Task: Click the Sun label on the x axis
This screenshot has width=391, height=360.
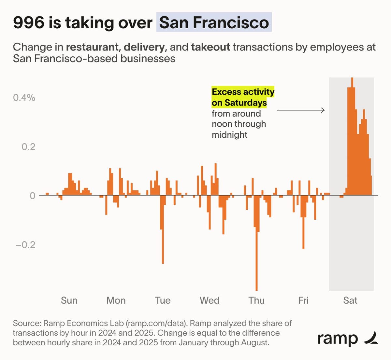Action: (x=69, y=300)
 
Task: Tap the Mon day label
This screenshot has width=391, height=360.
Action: (x=116, y=300)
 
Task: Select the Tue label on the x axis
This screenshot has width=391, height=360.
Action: (x=163, y=300)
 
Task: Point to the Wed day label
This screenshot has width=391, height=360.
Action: (x=210, y=300)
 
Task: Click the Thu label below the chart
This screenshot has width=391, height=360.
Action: (x=256, y=300)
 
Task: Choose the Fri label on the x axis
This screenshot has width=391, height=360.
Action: (x=303, y=300)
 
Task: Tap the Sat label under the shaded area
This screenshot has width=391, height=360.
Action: (x=350, y=300)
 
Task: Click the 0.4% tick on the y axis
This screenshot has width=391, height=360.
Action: (x=24, y=98)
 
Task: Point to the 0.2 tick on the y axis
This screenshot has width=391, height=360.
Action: (x=28, y=147)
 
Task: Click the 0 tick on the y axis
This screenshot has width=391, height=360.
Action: (x=32, y=196)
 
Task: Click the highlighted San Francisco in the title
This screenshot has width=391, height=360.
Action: (x=214, y=22)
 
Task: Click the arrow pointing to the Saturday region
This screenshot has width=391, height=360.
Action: (x=300, y=110)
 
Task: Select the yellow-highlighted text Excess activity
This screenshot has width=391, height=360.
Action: (x=243, y=92)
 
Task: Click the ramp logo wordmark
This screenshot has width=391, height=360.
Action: (x=337, y=339)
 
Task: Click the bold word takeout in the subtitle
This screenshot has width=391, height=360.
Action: (x=210, y=47)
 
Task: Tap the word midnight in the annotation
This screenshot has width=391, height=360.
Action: (x=229, y=135)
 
